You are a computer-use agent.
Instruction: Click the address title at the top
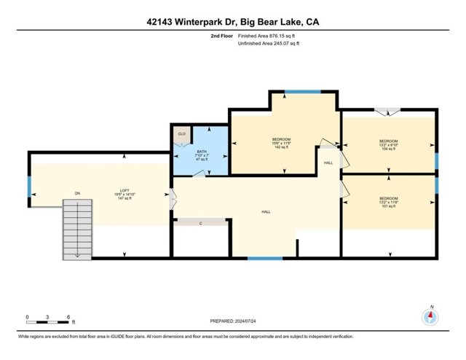[x=233, y=22]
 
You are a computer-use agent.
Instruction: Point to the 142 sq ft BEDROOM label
[x=281, y=143]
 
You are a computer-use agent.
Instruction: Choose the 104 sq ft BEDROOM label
[x=388, y=144]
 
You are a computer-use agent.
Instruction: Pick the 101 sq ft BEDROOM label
[x=388, y=202]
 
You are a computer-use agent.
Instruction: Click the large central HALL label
[x=266, y=211]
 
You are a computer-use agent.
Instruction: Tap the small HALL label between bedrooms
[x=328, y=163]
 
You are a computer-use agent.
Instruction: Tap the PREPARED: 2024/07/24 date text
[x=233, y=320]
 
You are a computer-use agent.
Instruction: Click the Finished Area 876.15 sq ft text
[x=269, y=35]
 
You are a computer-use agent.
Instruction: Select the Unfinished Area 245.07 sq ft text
[x=269, y=44]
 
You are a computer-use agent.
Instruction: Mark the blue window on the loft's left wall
[x=29, y=187]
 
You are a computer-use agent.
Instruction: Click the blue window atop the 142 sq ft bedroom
[x=296, y=91]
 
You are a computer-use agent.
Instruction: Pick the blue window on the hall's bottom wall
[x=264, y=257]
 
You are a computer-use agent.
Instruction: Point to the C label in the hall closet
[x=200, y=222]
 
